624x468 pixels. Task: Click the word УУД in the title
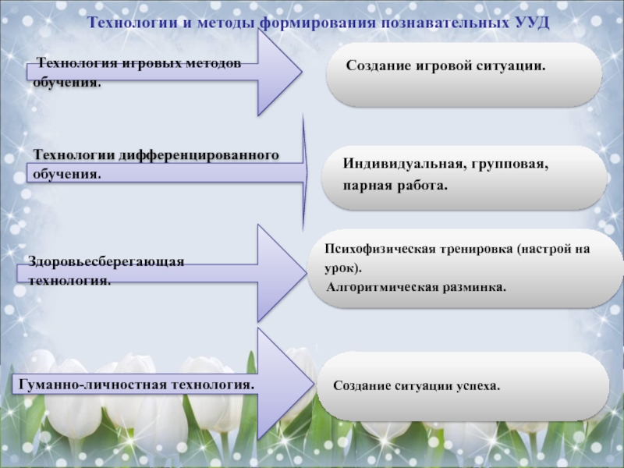click(533, 23)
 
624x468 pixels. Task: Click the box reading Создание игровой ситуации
click(463, 75)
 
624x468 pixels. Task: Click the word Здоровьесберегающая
click(106, 261)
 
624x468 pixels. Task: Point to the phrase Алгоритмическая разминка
click(416, 287)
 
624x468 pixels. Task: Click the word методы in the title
click(229, 23)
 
